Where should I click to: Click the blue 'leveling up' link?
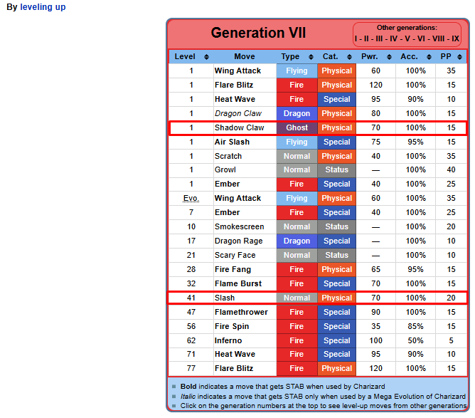coord(43,7)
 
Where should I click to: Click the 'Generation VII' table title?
coord(258,33)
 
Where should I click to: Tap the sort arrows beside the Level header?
coord(206,57)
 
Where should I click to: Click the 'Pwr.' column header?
coord(370,57)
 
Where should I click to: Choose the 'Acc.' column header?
coord(409,57)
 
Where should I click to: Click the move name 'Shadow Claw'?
coord(240,127)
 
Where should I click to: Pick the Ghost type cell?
coord(297,127)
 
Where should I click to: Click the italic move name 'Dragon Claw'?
coord(238,113)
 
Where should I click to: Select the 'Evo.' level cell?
coord(191,199)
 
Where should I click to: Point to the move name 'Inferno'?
coord(228,340)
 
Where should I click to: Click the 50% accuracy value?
coord(415,340)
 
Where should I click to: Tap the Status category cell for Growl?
coord(337,170)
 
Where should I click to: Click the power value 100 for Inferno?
coord(375,340)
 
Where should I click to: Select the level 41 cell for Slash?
coord(191,298)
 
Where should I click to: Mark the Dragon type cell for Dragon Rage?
coord(297,241)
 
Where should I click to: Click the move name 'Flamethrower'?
coord(241,312)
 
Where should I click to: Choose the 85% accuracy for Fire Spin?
coord(415,326)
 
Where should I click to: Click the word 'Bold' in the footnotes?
coord(188,387)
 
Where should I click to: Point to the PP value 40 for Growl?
coord(451,170)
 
